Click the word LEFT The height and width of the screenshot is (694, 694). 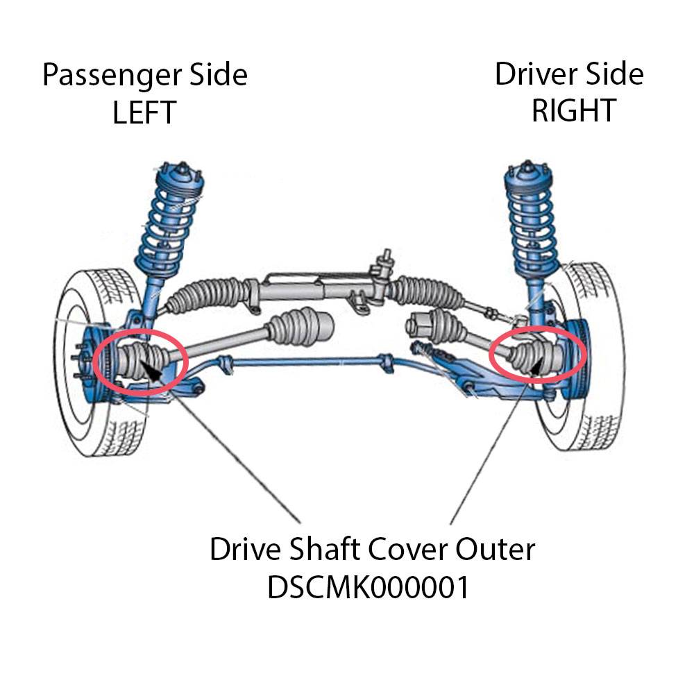point(144,112)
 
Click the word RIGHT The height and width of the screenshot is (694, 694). point(573,110)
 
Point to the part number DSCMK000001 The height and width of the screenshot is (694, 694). point(369,588)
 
